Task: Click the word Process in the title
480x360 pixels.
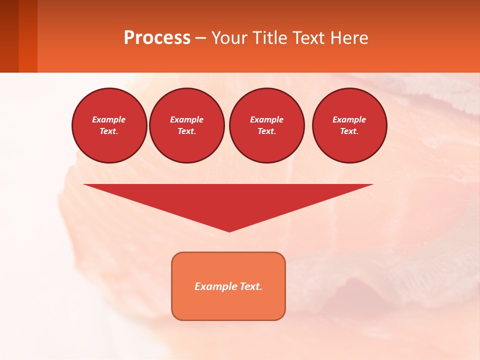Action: tap(157, 38)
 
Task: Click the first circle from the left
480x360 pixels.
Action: tap(109, 125)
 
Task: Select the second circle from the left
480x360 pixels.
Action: tap(187, 125)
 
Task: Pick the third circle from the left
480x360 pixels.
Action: tap(266, 125)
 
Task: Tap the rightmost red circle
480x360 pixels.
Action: tap(349, 125)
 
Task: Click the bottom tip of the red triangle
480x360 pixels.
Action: tap(229, 230)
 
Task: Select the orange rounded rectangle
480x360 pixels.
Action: tap(228, 286)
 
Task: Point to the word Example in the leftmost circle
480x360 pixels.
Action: tap(109, 119)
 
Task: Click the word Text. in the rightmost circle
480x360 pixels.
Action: tap(349, 131)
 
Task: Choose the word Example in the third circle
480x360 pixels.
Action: tap(266, 119)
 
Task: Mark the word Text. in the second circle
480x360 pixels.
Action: tap(187, 131)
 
